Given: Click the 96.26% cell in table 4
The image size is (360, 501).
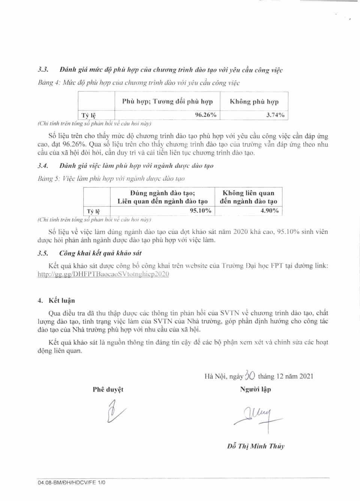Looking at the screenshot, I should [205, 115].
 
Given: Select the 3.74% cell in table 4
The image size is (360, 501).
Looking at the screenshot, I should [275, 115].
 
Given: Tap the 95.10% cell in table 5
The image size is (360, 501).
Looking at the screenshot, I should [200, 211].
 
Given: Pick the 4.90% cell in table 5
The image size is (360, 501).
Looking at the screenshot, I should [269, 211].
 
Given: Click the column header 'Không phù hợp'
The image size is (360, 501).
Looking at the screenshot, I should [254, 102].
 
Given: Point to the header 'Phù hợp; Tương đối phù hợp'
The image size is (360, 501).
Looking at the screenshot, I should [167, 102].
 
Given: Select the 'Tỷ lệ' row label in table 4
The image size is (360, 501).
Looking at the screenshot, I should [88, 115].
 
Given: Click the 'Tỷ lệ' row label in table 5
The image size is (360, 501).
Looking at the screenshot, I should [93, 211].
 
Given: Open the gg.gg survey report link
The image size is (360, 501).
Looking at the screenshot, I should [103, 274].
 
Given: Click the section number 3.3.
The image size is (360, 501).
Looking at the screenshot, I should [43, 70].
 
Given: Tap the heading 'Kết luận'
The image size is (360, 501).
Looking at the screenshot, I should [61, 300].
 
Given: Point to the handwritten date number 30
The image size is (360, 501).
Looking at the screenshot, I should [250, 375].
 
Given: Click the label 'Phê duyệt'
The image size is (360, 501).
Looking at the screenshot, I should [108, 389].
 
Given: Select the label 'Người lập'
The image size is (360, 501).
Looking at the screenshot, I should [255, 389].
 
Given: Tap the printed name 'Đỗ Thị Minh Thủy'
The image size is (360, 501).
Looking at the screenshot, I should [256, 446].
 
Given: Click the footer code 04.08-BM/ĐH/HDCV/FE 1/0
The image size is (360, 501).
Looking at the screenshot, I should [71, 483].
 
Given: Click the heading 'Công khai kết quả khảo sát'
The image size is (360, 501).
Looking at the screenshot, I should [100, 253].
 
